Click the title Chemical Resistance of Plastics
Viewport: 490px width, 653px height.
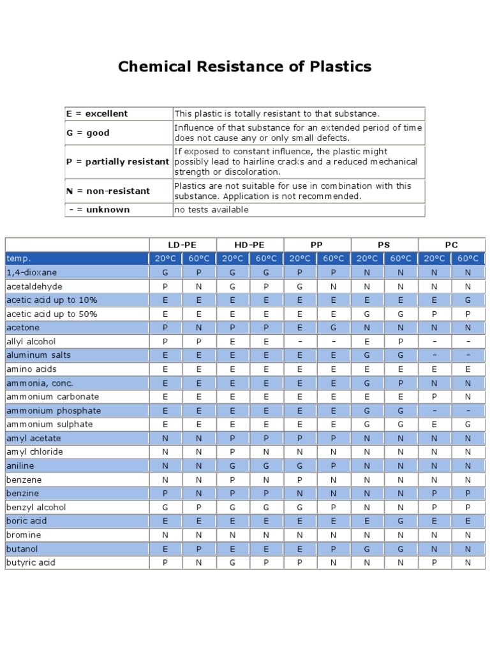(244, 67)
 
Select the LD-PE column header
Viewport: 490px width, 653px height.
(182, 245)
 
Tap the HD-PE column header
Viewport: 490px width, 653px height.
(249, 245)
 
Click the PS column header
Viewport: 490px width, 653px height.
(384, 245)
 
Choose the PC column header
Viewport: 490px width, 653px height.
(451, 245)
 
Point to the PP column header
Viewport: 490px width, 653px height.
(316, 245)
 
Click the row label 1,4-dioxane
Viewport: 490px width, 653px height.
(31, 272)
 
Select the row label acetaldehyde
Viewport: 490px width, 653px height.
(34, 286)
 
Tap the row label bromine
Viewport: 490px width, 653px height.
(24, 534)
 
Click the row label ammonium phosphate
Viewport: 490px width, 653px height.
(54, 411)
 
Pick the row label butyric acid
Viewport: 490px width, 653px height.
(31, 562)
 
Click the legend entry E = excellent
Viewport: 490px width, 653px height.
(97, 114)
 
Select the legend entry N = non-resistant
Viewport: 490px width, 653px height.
(108, 191)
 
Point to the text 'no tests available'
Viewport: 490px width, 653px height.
(211, 210)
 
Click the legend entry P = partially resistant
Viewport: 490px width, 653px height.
(117, 162)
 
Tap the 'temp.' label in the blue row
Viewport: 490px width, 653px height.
(19, 258)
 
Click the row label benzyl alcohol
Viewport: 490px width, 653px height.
(36, 507)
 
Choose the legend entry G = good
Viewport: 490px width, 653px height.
(88, 133)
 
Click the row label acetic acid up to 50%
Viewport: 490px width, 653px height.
(52, 314)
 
